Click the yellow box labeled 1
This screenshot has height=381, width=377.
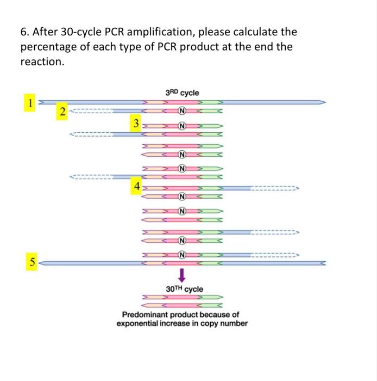point(31,101)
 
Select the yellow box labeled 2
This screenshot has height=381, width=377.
point(63,112)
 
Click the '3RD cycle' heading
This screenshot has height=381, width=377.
point(182,93)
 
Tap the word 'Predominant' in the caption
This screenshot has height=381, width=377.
point(144,315)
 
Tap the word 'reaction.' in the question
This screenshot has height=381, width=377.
point(42,62)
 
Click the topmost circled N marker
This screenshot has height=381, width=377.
point(183,112)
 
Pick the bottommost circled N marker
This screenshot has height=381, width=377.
point(183,253)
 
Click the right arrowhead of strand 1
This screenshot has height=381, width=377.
point(323,101)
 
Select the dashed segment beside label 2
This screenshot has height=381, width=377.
point(91,112)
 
